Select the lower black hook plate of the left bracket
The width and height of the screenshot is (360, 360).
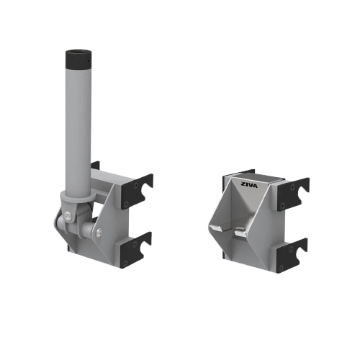138,248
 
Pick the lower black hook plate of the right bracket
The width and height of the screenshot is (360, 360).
293,253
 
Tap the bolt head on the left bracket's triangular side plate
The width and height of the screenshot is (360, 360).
99,232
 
